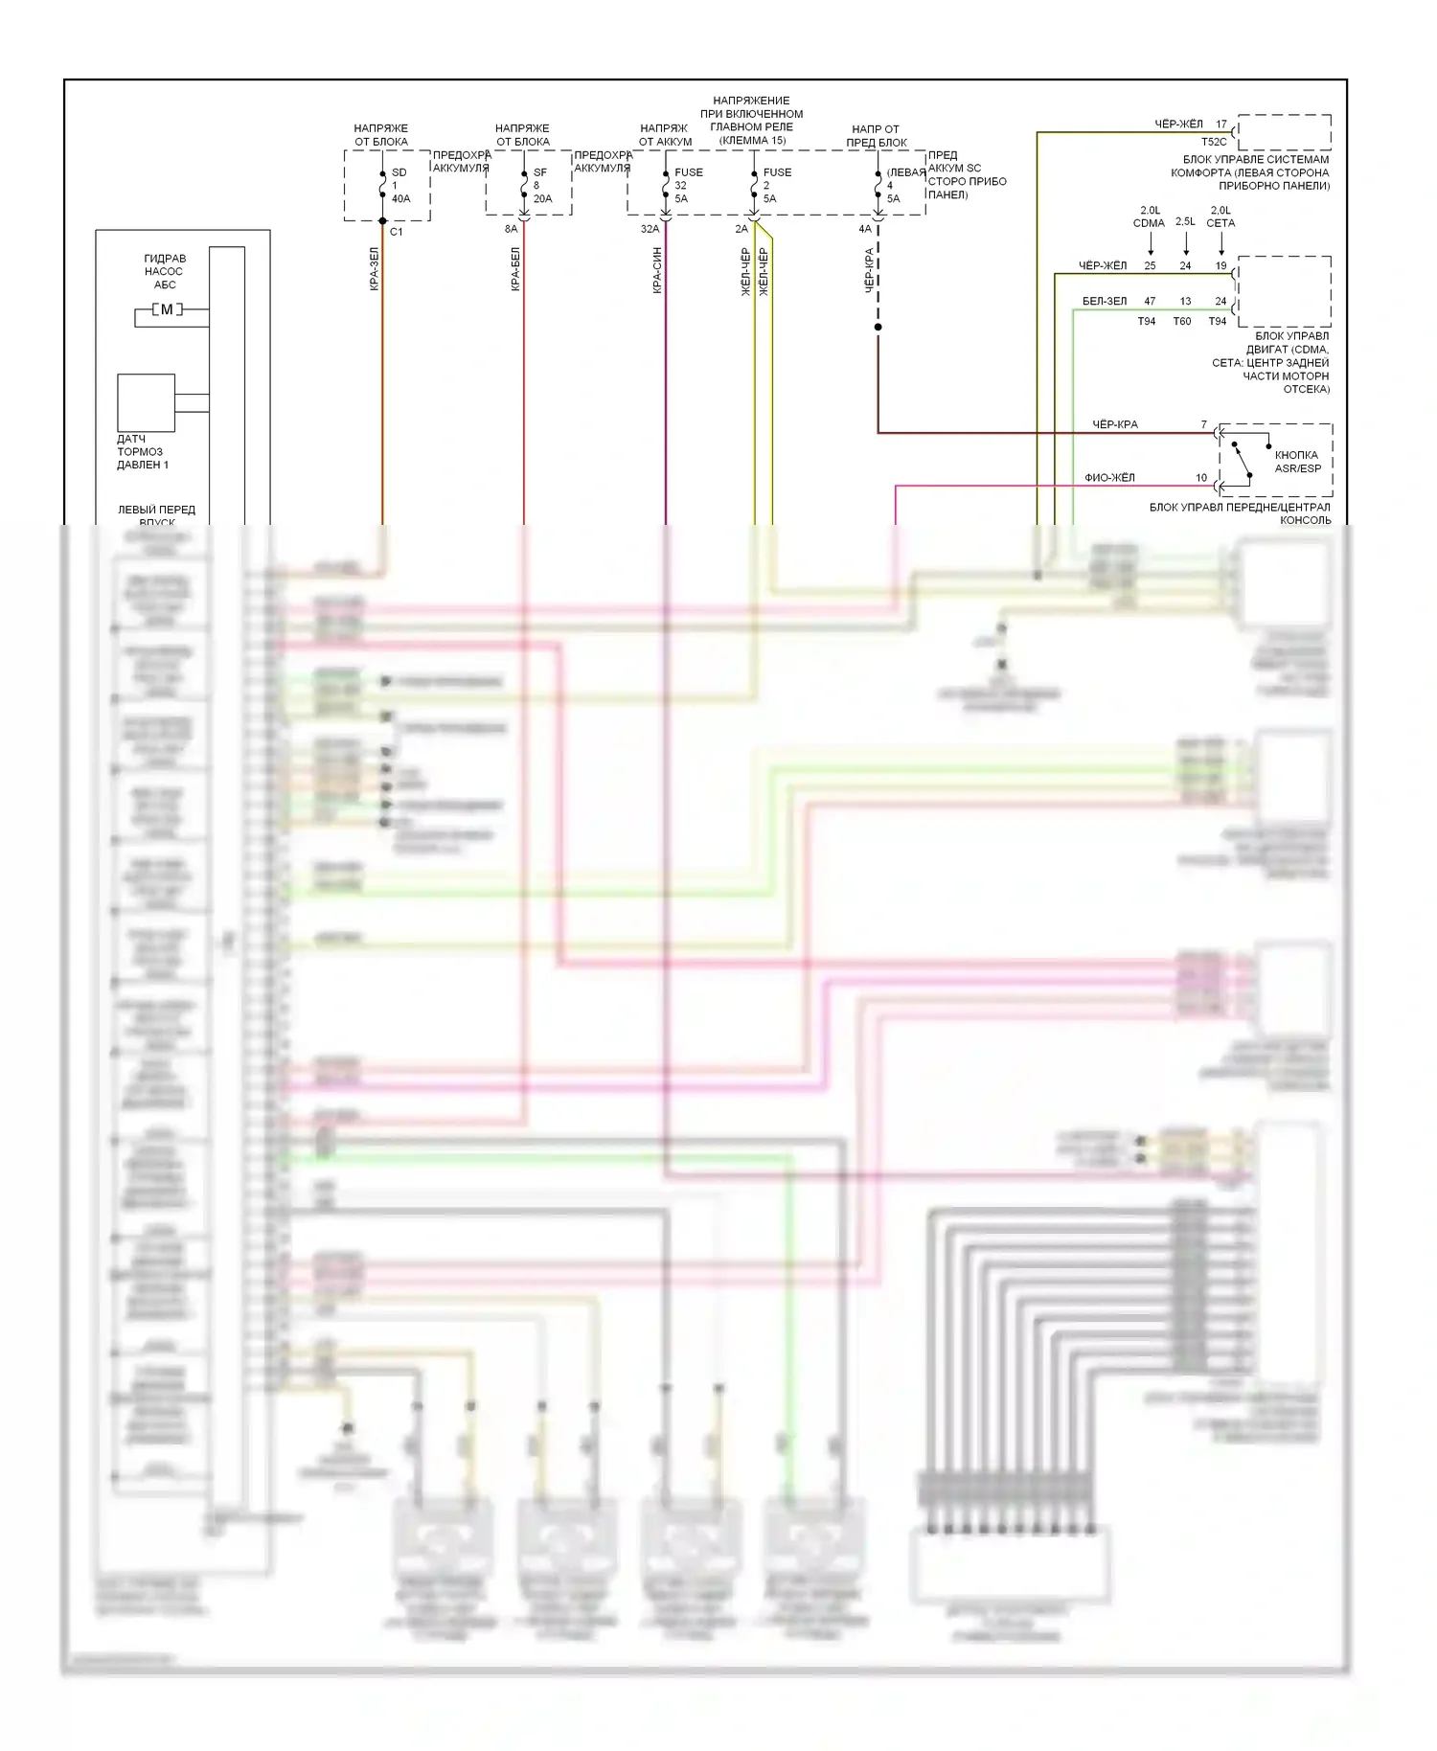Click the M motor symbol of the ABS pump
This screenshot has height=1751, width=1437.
tap(167, 309)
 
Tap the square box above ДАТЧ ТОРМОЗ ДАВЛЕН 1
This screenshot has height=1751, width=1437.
tap(146, 402)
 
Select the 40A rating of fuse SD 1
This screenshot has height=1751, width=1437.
tap(400, 199)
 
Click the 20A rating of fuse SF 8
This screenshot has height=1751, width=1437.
tap(542, 199)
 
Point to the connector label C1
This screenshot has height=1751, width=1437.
tap(397, 232)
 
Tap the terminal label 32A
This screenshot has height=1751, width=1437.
tap(650, 229)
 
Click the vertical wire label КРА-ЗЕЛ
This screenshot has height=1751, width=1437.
tap(375, 269)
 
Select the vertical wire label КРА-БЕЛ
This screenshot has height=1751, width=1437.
tap(515, 269)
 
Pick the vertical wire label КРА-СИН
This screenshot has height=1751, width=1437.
tap(657, 270)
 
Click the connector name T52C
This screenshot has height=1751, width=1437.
tap(1214, 142)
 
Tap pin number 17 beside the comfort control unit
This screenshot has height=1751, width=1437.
tap(1221, 125)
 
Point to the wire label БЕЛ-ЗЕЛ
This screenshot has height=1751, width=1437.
tap(1105, 301)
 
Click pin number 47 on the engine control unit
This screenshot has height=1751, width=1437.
tap(1150, 301)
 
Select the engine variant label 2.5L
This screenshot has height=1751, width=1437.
tap(1185, 221)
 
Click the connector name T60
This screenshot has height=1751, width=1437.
tap(1182, 322)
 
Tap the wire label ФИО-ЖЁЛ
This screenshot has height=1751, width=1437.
tap(1109, 477)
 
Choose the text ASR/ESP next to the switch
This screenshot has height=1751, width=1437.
tap(1297, 468)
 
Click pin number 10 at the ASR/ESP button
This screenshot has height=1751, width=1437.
tap(1201, 477)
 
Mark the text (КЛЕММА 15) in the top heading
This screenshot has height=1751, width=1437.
tap(752, 141)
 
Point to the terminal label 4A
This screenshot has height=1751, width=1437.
tap(865, 229)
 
